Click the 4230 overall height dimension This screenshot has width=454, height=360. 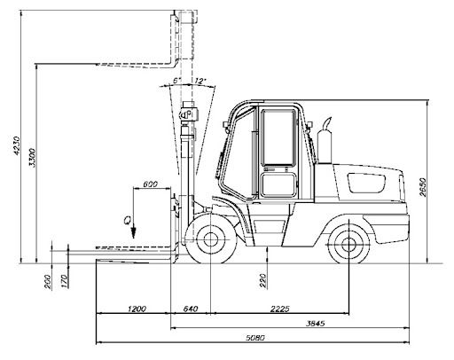(17, 145)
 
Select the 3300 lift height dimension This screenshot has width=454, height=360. (32, 158)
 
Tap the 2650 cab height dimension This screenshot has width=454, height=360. (423, 187)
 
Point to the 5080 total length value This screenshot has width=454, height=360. (255, 337)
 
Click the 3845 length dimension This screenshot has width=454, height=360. (315, 323)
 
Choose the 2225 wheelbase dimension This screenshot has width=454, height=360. (279, 309)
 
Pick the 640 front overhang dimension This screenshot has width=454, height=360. (191, 309)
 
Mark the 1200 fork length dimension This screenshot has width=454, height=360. (137, 309)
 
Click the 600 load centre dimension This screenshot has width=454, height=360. (151, 184)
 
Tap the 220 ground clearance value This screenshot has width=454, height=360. (262, 281)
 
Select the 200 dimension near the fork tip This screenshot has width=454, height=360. (48, 282)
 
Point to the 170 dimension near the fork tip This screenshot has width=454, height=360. (64, 281)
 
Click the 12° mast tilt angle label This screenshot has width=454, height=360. (200, 81)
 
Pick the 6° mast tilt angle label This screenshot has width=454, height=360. (176, 81)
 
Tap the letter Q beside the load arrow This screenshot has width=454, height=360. (127, 221)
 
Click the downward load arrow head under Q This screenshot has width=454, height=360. (134, 233)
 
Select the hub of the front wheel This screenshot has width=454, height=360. (210, 239)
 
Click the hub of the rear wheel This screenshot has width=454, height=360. (348, 245)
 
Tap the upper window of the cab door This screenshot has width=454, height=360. (278, 137)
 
